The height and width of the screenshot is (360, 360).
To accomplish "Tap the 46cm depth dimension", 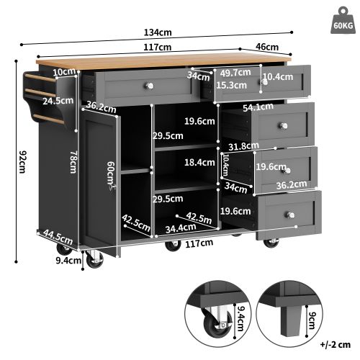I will pos(267,47).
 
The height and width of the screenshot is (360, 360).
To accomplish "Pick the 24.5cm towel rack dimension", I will pos(55,101).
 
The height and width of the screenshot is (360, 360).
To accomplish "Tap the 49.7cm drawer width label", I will pos(235,73).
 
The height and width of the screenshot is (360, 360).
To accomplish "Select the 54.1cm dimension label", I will pos(259,107).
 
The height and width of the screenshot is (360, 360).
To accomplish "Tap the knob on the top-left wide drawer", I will pos(150,86).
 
